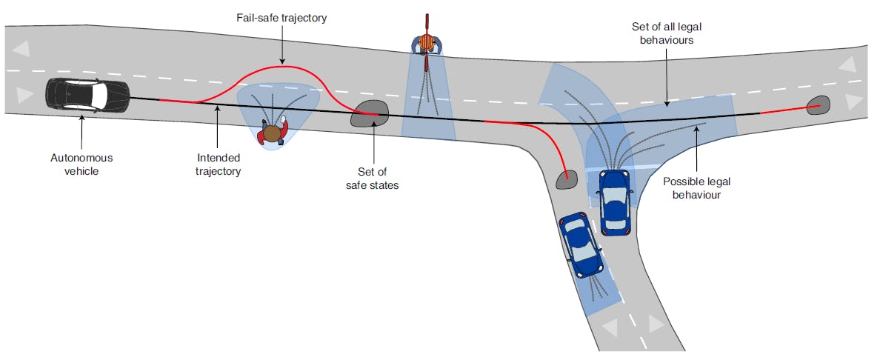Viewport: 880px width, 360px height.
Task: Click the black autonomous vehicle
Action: (87, 94)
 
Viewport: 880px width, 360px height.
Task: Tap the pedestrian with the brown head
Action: (273, 133)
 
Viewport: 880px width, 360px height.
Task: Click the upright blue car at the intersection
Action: (614, 202)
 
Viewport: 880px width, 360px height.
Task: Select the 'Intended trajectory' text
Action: (219, 164)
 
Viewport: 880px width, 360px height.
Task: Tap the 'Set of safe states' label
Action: (372, 179)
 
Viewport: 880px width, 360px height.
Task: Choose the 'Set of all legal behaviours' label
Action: (666, 34)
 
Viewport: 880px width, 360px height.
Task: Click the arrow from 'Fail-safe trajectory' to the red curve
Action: (281, 50)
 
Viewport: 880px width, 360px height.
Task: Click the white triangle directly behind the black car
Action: (24, 95)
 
